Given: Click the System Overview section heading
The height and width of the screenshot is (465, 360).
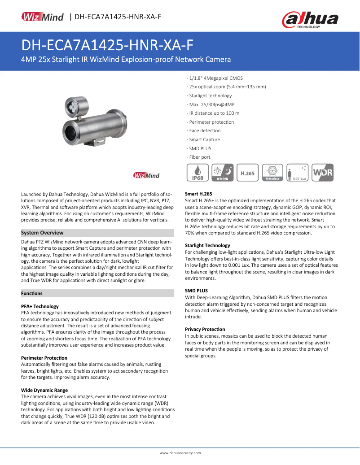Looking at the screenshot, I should point(42,233).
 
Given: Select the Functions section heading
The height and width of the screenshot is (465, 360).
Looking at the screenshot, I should point(32,293).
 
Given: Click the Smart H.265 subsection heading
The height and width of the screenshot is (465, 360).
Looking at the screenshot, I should point(198,194).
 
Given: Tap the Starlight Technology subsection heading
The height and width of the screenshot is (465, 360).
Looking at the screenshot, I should point(207,245).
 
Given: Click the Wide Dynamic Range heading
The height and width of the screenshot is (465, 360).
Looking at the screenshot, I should point(44,390).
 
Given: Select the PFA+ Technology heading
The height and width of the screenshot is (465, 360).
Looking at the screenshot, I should point(40,306).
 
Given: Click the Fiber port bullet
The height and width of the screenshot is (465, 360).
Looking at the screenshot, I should point(199,157).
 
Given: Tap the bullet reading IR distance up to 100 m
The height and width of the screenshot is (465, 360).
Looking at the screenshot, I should point(214,113).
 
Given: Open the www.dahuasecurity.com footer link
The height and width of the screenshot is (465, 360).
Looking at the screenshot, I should point(180,453).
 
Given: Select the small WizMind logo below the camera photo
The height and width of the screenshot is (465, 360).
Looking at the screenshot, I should point(146,175).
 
